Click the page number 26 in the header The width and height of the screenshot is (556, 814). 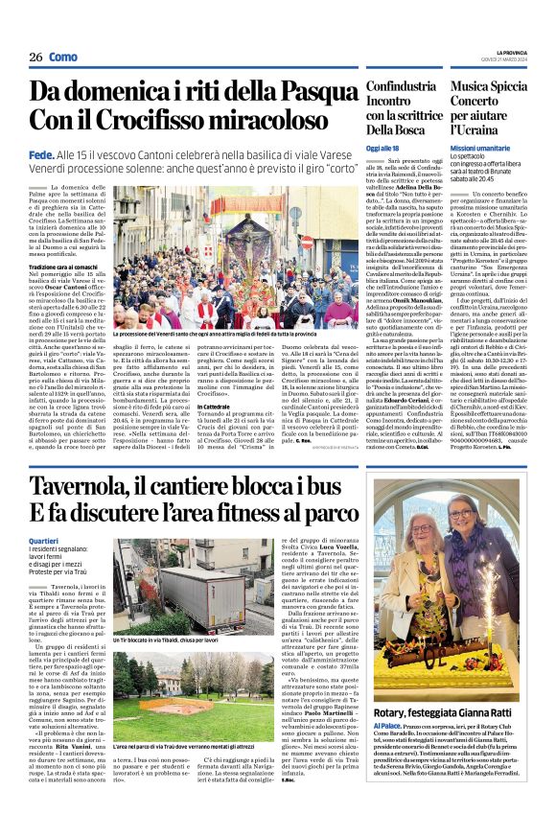(35, 58)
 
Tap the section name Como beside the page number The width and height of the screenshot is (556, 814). (62, 58)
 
